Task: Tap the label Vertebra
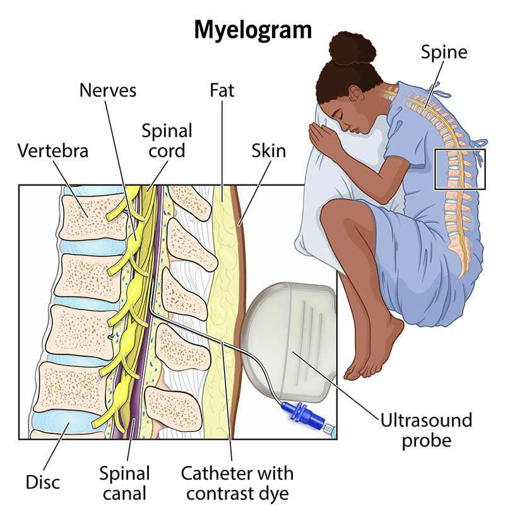53,152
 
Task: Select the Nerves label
107,90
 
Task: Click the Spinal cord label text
167,141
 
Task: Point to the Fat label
222,90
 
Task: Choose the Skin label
268,151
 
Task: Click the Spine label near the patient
444,52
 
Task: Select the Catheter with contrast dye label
237,481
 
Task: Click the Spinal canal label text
124,481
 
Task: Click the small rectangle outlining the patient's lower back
460,169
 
